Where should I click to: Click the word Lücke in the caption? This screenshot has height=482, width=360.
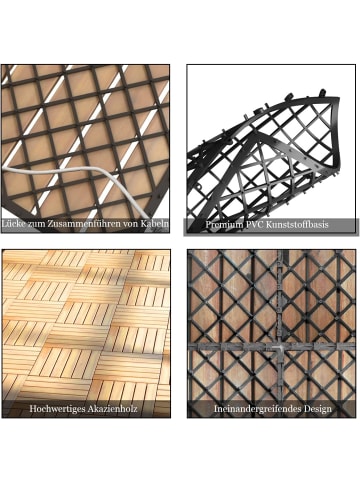tap(13, 224)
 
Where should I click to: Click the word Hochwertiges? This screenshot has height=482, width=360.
tap(56, 409)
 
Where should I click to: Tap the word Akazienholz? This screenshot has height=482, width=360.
tap(112, 408)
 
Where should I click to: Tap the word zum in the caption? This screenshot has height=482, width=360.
tap(35, 224)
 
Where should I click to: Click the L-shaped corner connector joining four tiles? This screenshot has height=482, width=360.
tap(278, 350)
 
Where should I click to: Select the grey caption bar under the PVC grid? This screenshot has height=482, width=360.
tap(271, 226)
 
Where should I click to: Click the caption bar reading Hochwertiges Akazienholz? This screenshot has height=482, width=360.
tap(86, 409)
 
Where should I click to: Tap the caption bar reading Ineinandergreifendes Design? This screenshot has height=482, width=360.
tap(271, 409)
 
